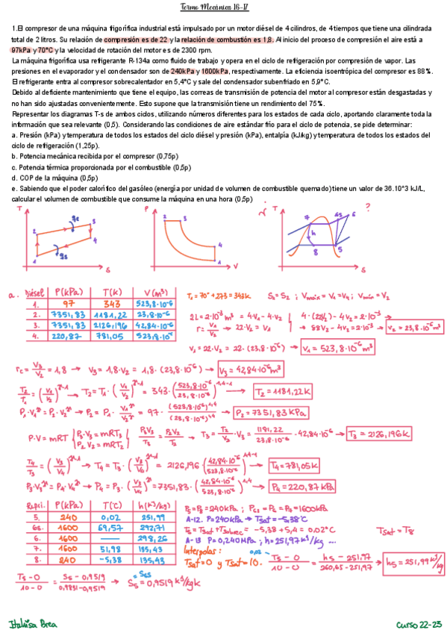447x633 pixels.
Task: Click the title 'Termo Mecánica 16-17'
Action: (222, 8)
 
